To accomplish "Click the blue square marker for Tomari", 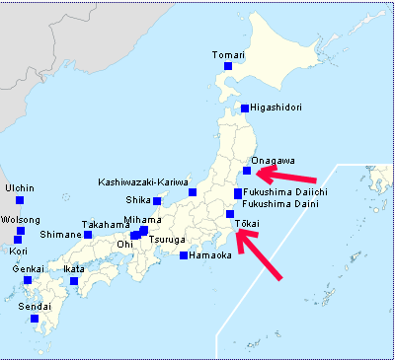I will [228, 66].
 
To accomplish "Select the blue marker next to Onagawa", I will [247, 171].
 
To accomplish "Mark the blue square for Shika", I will [157, 200].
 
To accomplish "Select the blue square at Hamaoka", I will [184, 255].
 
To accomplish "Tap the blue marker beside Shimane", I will [88, 234].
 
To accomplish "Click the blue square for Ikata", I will [74, 281].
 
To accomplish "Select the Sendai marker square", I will [35, 319].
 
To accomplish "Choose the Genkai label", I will [27, 268].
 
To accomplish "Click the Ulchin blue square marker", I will [20, 201].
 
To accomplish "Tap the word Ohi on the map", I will [124, 244].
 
